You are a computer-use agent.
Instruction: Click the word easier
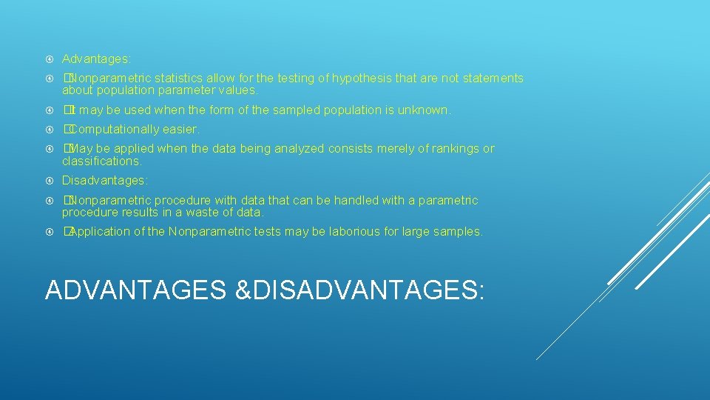coord(181,130)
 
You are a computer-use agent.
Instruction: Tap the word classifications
coord(101,161)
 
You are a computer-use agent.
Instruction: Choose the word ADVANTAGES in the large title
coord(135,290)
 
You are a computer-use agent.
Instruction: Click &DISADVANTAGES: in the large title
coord(359,290)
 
